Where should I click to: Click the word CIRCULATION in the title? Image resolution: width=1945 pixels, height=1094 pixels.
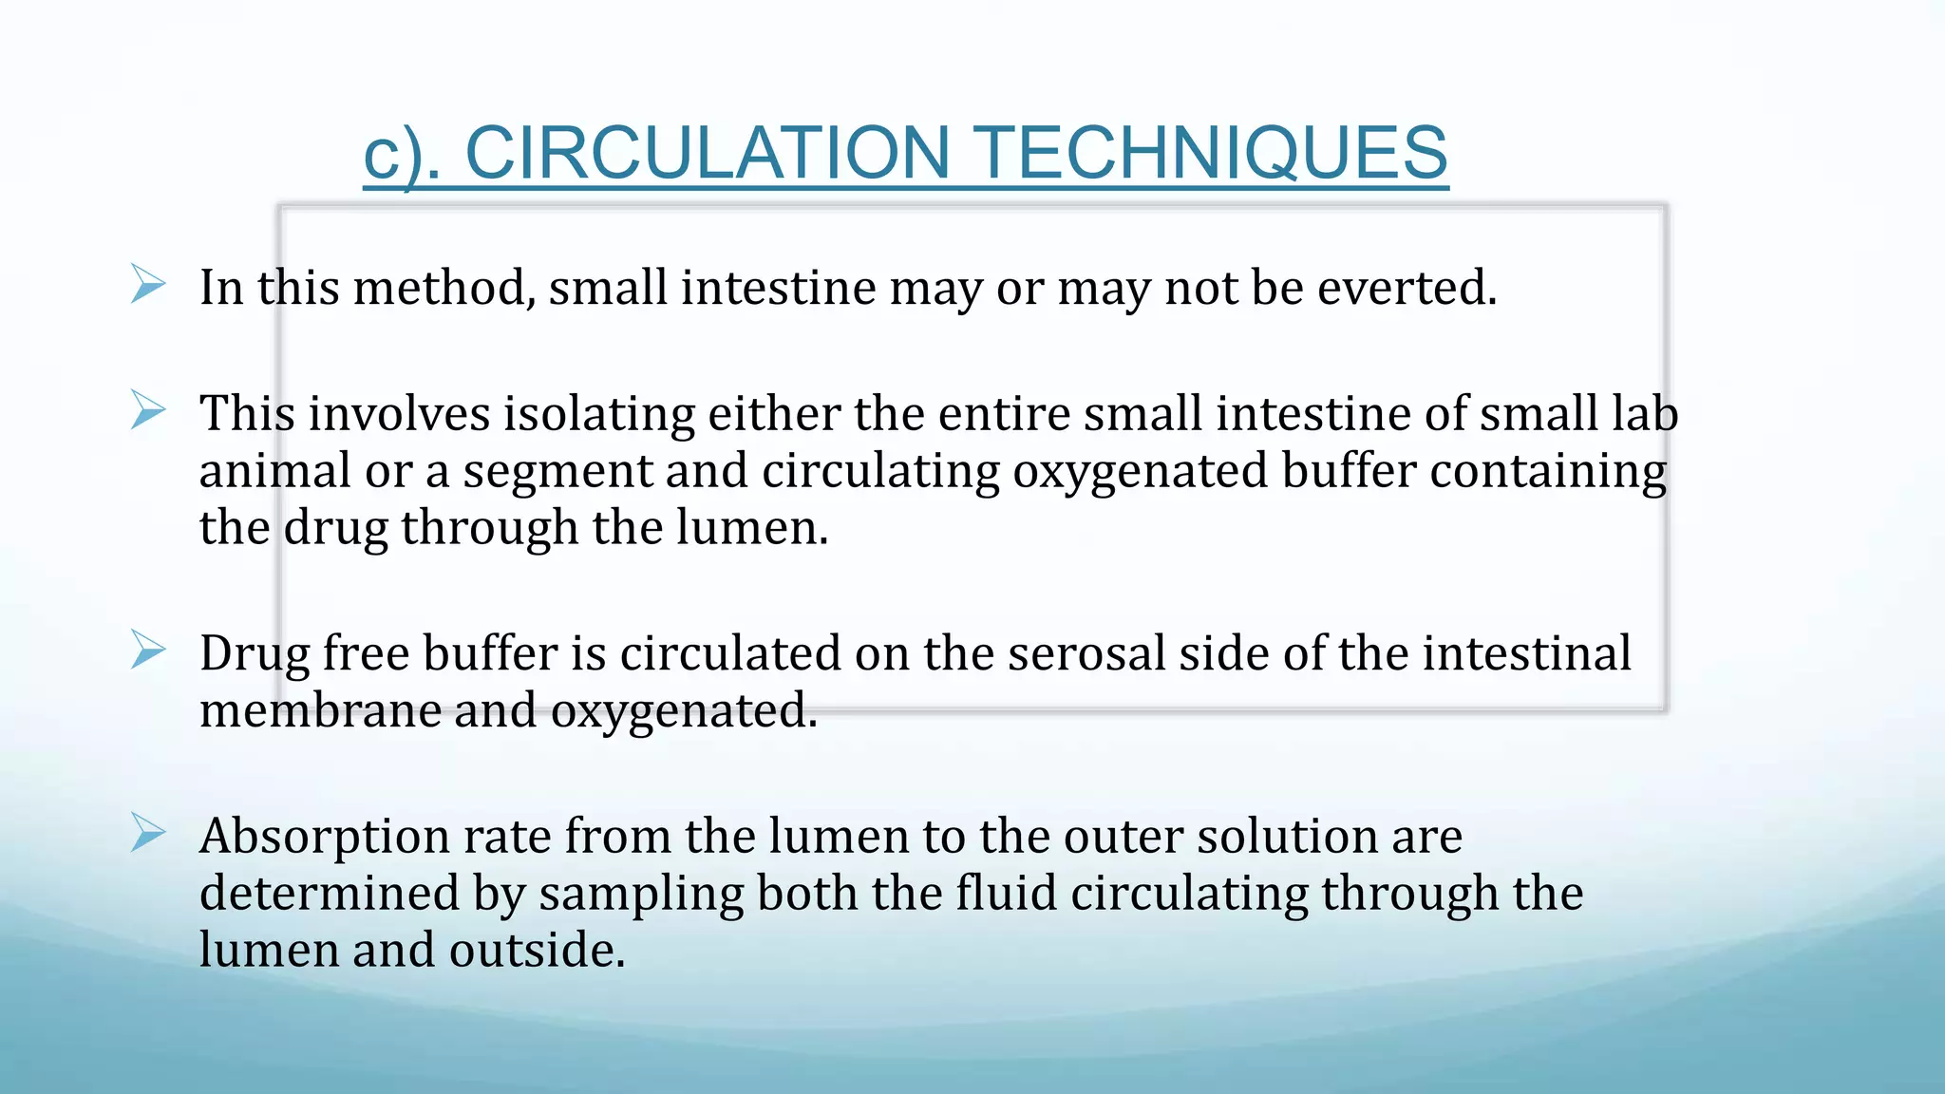click(x=708, y=153)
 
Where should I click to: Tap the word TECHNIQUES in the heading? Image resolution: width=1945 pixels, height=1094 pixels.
click(x=1212, y=153)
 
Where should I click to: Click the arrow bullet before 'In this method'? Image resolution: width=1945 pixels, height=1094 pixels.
click(x=148, y=285)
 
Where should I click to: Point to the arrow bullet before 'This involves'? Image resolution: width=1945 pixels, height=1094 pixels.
click(x=148, y=410)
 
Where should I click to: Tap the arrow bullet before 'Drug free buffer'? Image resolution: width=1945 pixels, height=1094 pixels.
click(x=148, y=651)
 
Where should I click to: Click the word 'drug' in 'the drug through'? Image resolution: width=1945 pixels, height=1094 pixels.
click(x=335, y=529)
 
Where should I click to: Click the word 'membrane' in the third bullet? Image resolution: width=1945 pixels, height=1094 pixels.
click(x=319, y=710)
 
